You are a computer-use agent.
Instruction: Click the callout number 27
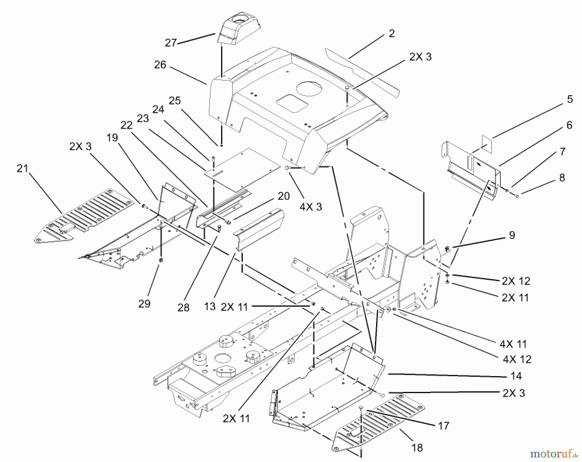[171, 43]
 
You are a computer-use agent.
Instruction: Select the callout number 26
[160, 65]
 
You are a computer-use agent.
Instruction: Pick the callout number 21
[23, 168]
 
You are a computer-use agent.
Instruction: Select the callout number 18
[417, 448]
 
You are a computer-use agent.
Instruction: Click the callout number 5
[570, 99]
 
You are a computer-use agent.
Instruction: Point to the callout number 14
[516, 376]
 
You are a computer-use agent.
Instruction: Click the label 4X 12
[517, 359]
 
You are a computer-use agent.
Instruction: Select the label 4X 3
[310, 207]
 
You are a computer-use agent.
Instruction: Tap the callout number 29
[144, 304]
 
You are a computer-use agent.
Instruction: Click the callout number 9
[512, 235]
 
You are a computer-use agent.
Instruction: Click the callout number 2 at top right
[392, 34]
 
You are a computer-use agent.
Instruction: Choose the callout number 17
[444, 426]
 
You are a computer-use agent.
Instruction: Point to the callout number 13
[210, 307]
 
